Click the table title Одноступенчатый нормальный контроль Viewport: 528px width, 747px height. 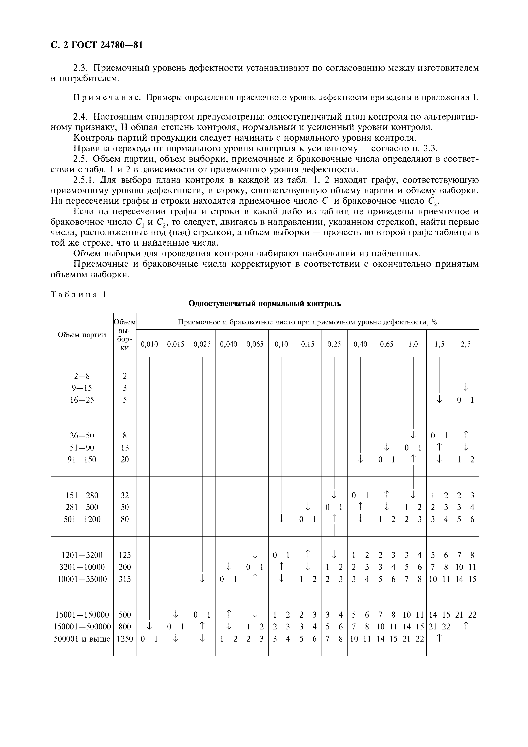[265, 304]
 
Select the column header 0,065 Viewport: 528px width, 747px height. [255, 344]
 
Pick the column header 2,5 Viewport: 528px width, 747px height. [466, 344]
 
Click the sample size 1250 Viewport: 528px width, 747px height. [125, 639]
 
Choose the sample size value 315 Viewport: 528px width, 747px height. [125, 579]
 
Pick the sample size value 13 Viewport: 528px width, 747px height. [125, 448]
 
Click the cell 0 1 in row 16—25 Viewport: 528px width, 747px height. [466, 400]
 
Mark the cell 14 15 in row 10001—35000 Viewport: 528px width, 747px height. [466, 579]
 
